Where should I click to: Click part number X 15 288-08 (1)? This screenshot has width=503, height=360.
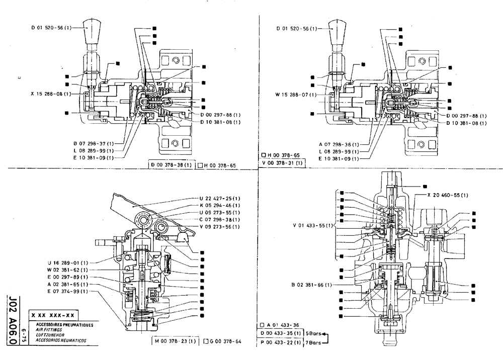pos(48,94)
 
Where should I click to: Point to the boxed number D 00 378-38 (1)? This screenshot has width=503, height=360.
pos(171,164)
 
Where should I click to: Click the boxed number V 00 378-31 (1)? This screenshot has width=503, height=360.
pos(282,163)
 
